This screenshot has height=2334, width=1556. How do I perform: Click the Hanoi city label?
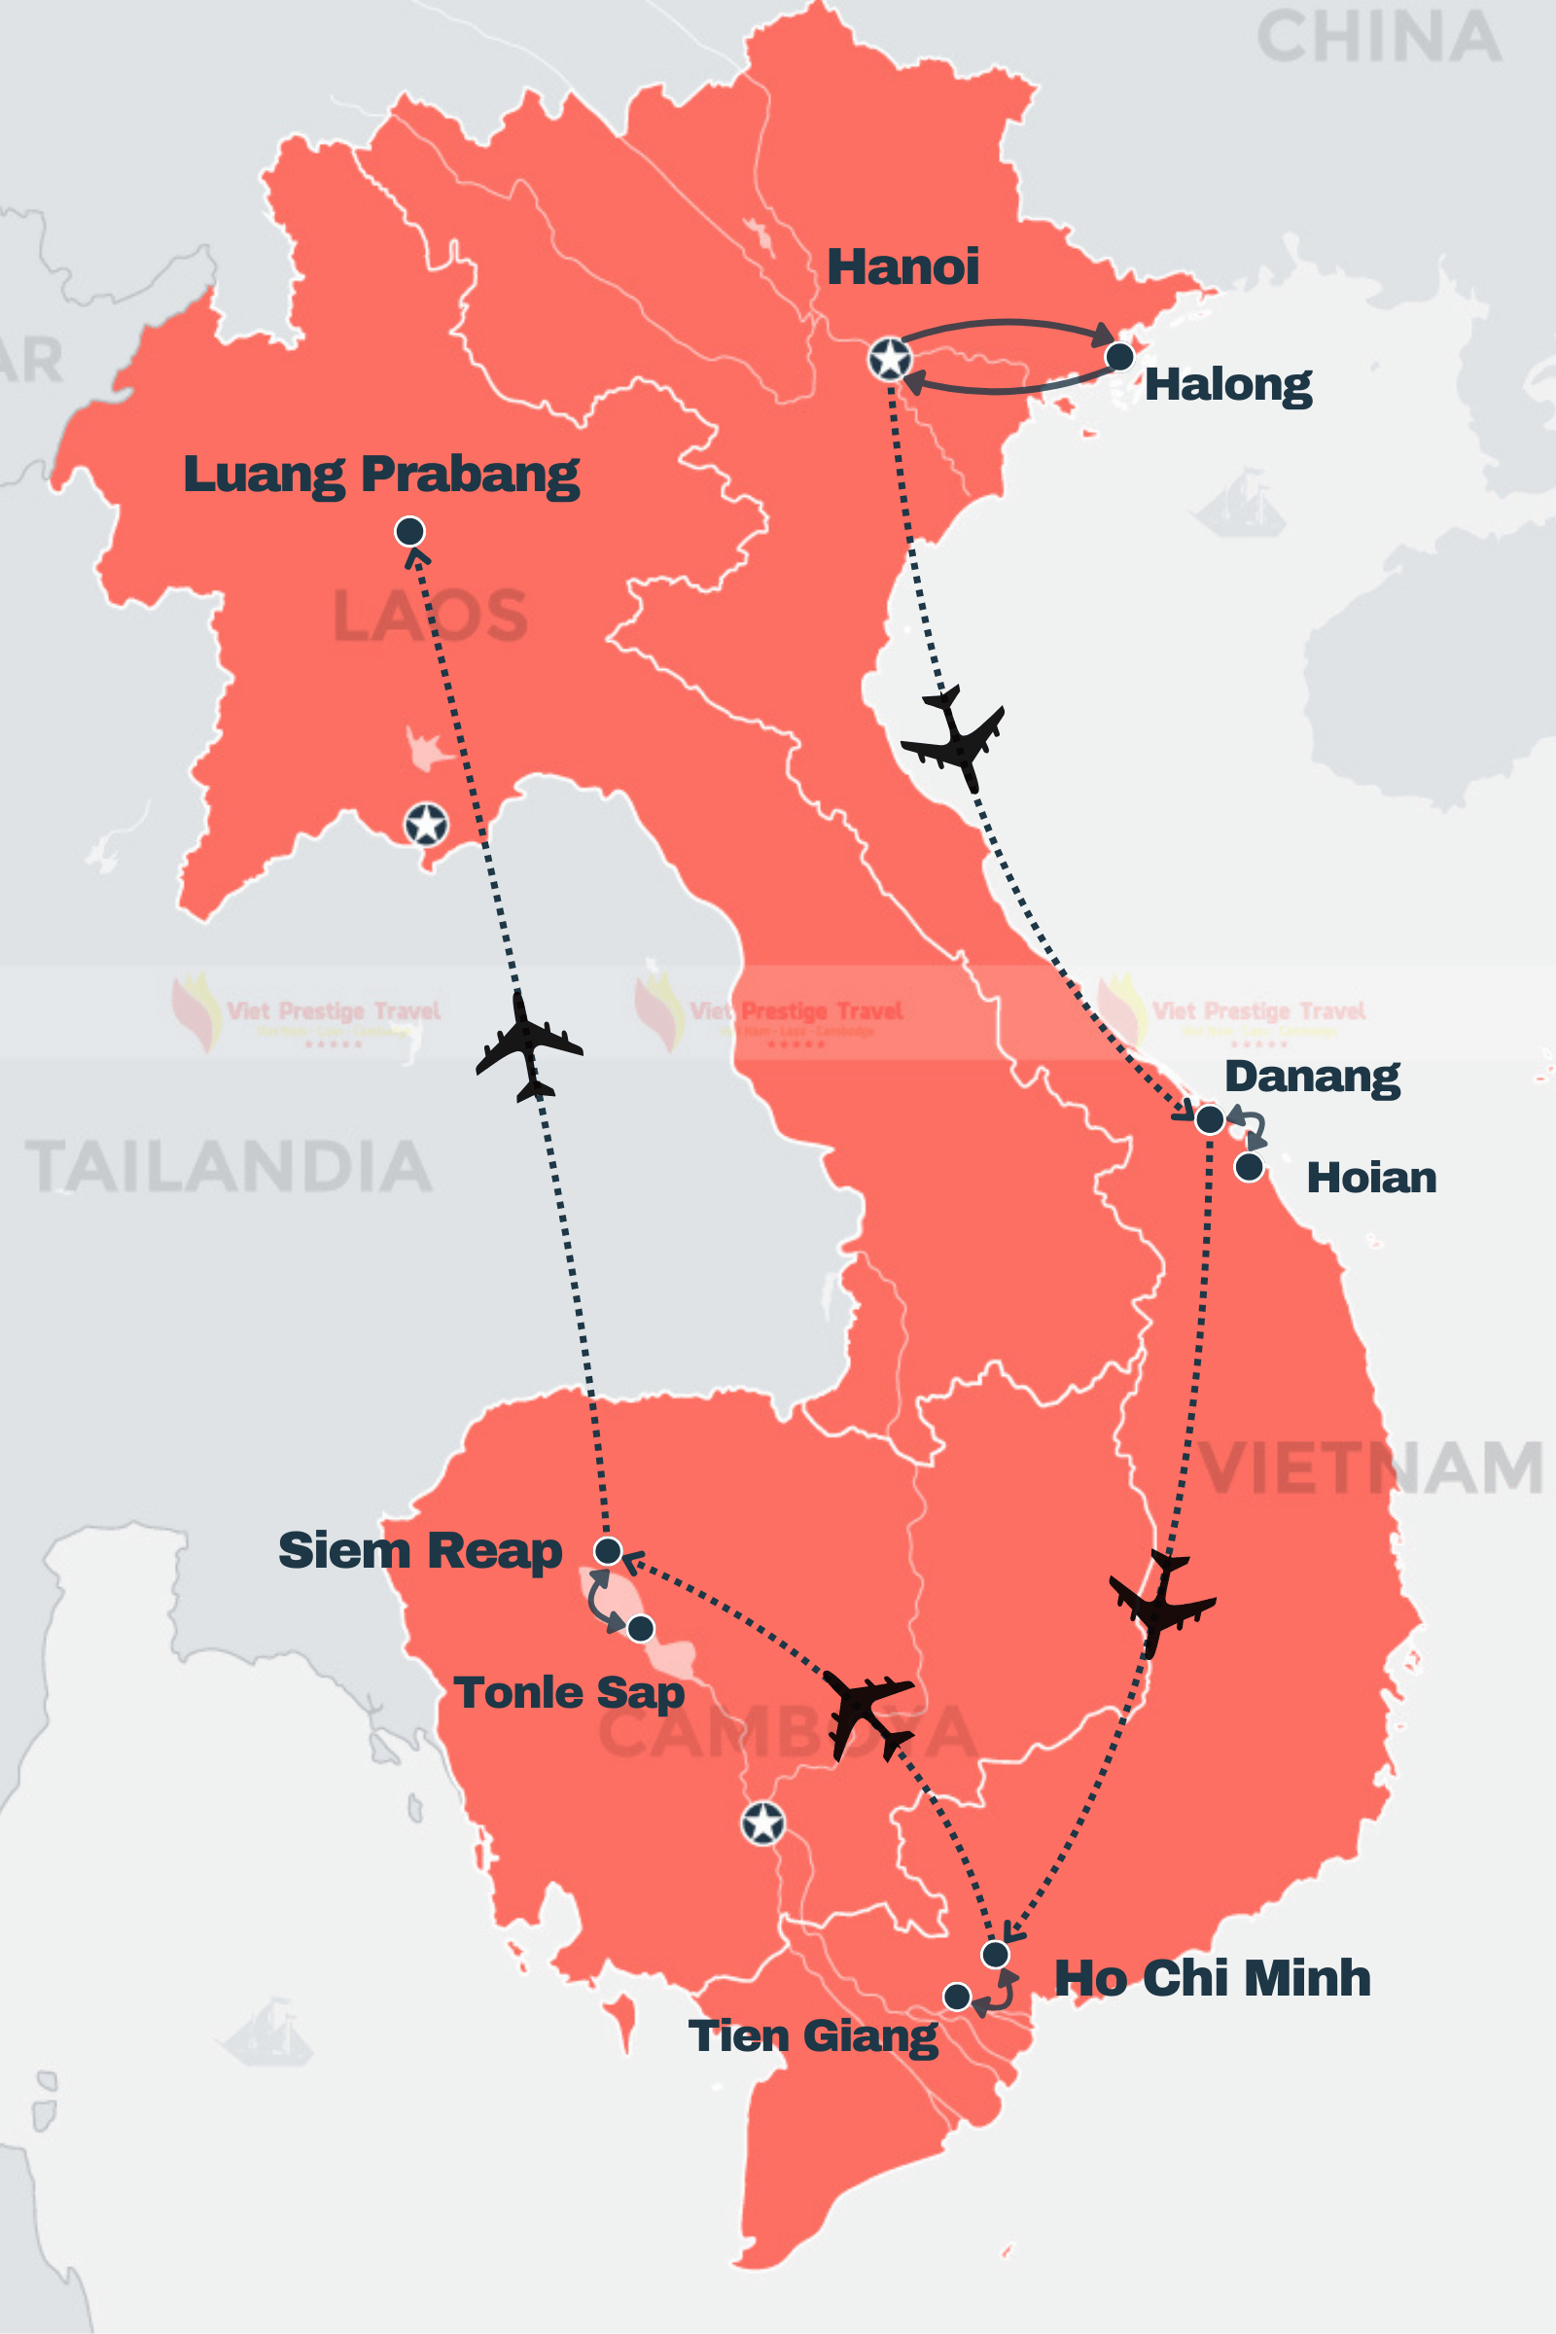(902, 266)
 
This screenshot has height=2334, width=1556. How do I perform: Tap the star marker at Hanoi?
(889, 359)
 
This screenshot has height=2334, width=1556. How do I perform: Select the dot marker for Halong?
(1119, 356)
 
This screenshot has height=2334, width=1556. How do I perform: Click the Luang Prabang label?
(381, 475)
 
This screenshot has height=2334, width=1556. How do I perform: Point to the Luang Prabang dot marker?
(409, 532)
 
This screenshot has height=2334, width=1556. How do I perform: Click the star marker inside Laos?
(426, 825)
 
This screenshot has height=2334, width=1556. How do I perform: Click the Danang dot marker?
(1210, 1120)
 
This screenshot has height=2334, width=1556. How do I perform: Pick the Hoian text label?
(1370, 1178)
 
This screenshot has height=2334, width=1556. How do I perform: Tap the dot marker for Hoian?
(1250, 1167)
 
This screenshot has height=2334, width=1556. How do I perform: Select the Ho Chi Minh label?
(1212, 1978)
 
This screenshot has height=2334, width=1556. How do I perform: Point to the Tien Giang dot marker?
(957, 1997)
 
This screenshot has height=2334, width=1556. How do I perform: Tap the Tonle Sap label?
(569, 1693)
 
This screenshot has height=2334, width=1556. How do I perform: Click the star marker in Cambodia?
(763, 1822)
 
